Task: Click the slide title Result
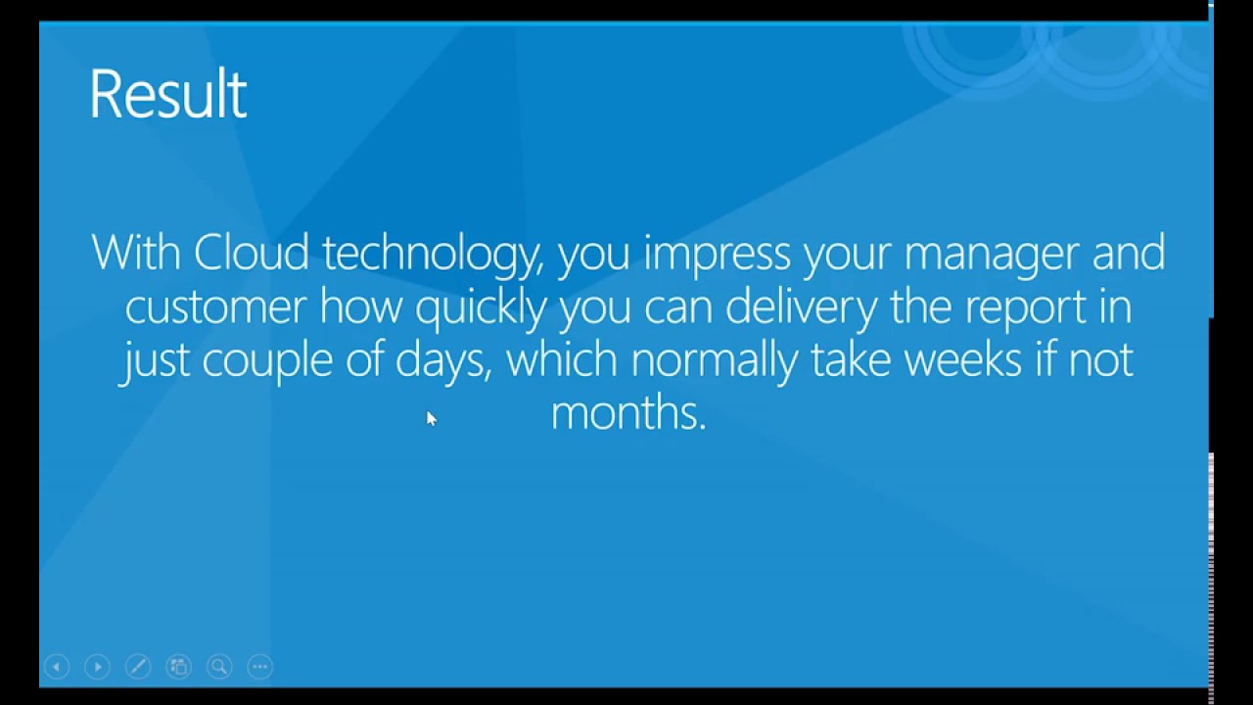point(167,93)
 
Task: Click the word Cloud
point(252,253)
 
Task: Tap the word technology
point(433,256)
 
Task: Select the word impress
point(717,256)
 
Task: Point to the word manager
point(992,256)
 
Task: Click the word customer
point(215,307)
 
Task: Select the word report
point(1025,310)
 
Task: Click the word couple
point(267,362)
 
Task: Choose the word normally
point(715,362)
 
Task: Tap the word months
point(628,412)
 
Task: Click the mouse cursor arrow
point(432,418)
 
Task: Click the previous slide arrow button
point(57,667)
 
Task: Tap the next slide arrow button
point(97,667)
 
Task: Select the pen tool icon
point(138,667)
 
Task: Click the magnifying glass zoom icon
point(219,667)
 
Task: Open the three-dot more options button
point(260,667)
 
